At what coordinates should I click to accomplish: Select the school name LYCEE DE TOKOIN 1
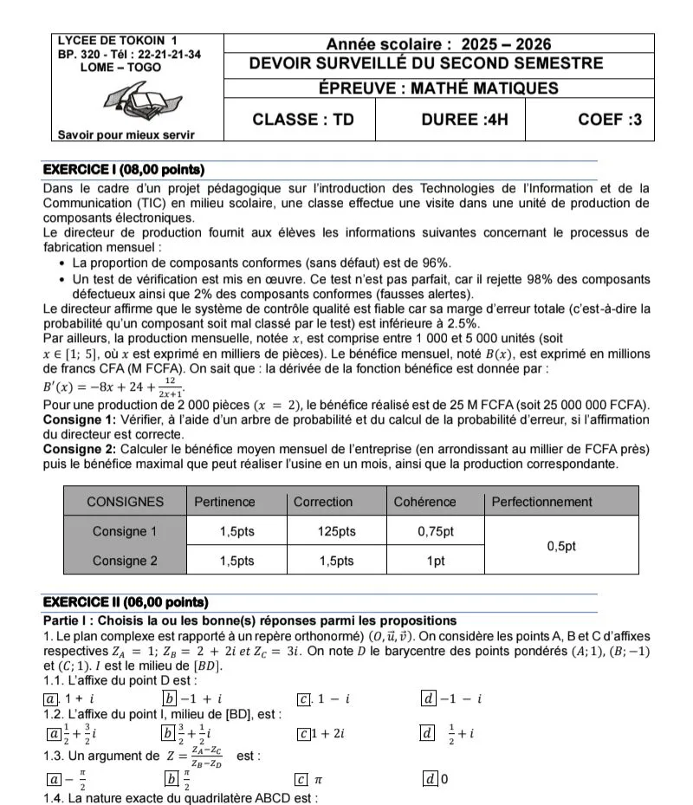(116, 41)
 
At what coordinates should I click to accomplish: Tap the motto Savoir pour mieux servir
(126, 134)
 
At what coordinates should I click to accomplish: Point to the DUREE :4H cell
(450, 120)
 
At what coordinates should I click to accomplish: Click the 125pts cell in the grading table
(336, 531)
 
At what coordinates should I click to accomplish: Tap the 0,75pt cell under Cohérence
(436, 531)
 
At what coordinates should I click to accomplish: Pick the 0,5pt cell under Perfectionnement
(560, 546)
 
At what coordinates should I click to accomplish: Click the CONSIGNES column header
(125, 502)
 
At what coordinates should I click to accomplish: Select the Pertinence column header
(224, 502)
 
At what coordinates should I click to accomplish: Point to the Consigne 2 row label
(125, 561)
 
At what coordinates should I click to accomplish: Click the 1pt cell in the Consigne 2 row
(436, 561)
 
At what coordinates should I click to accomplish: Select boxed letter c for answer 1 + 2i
(303, 734)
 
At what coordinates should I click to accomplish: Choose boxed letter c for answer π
(301, 780)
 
